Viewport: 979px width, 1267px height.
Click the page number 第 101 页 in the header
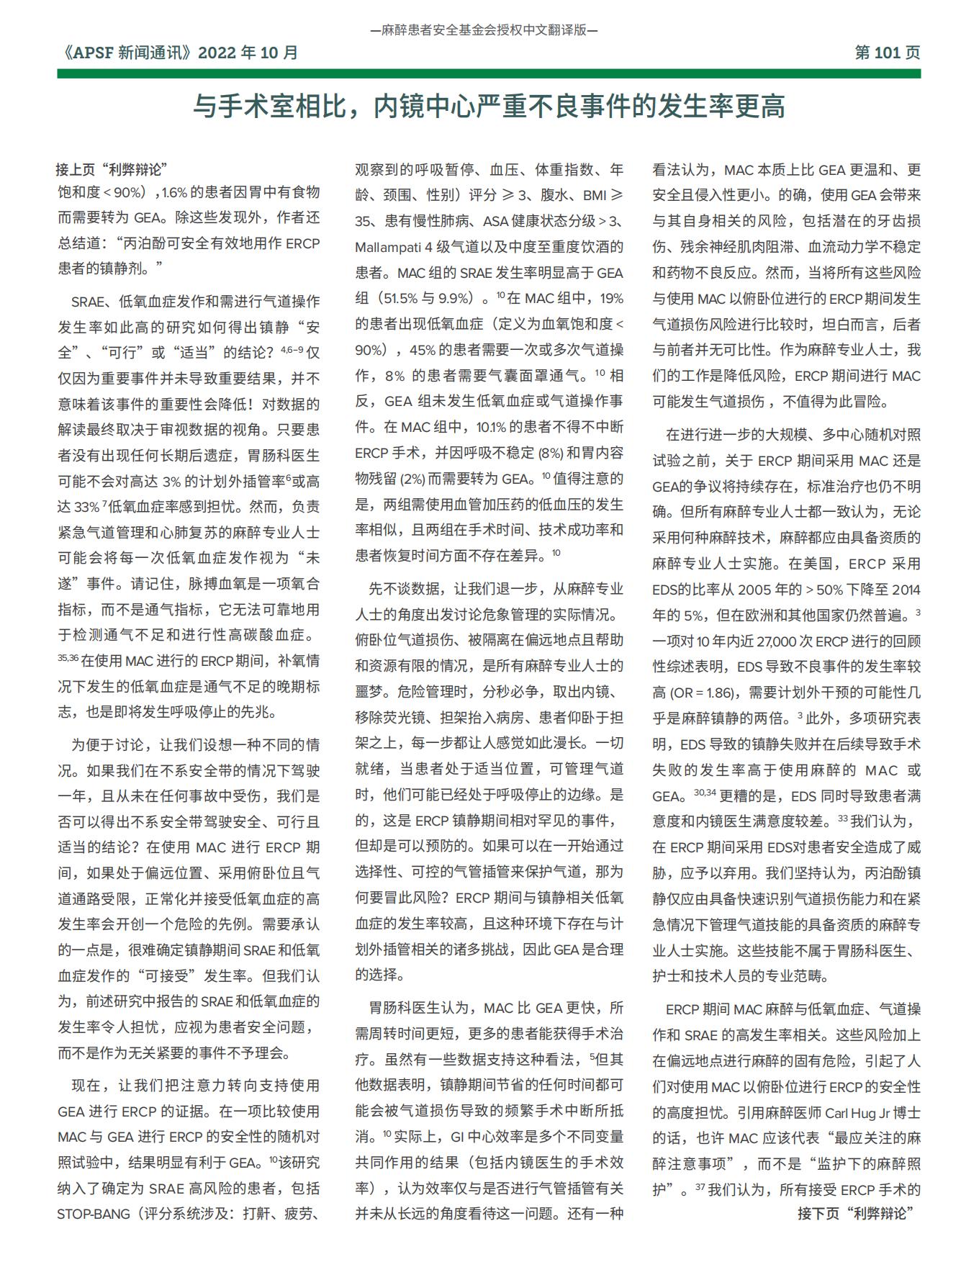tap(887, 53)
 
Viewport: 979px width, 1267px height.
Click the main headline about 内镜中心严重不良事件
tap(489, 107)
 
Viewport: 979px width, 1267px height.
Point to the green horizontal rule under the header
tap(489, 73)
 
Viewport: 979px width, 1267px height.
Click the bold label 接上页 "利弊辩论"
tap(112, 169)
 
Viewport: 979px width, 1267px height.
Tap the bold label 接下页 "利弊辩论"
tap(855, 1213)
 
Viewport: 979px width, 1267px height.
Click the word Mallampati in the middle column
tap(388, 247)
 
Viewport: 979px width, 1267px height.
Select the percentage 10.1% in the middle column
tap(492, 427)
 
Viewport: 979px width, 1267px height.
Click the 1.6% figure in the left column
tap(175, 192)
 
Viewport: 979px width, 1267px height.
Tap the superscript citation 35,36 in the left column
tap(68, 657)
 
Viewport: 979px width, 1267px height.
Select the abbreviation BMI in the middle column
tap(595, 195)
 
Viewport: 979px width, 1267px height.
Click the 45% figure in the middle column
tap(423, 350)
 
